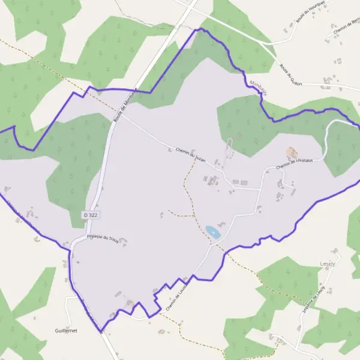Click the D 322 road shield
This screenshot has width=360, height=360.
coord(90,214)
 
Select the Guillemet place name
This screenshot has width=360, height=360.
coord(66,331)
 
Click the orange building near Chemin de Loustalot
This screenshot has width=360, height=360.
coord(292,152)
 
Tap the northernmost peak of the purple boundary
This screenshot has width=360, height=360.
coord(201,28)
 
